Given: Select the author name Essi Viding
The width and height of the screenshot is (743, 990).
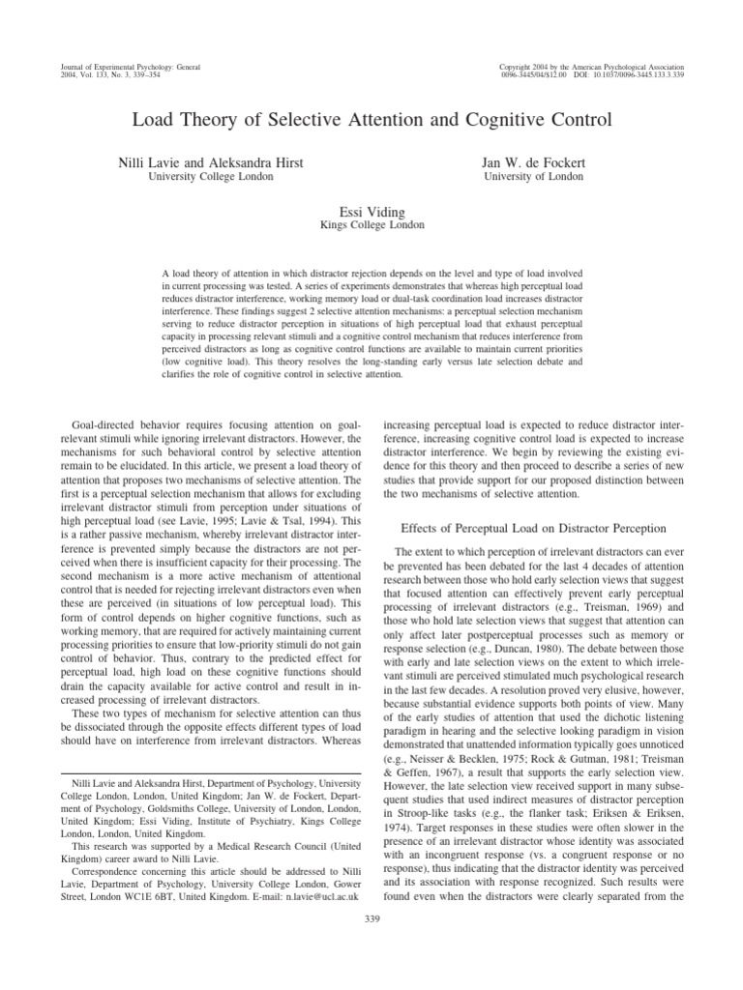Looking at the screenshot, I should pyautogui.click(x=371, y=210).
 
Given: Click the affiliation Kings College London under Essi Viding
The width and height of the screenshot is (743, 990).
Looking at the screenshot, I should pyautogui.click(x=371, y=225).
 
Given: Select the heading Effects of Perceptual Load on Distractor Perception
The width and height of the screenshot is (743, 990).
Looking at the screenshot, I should pyautogui.click(x=533, y=529).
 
